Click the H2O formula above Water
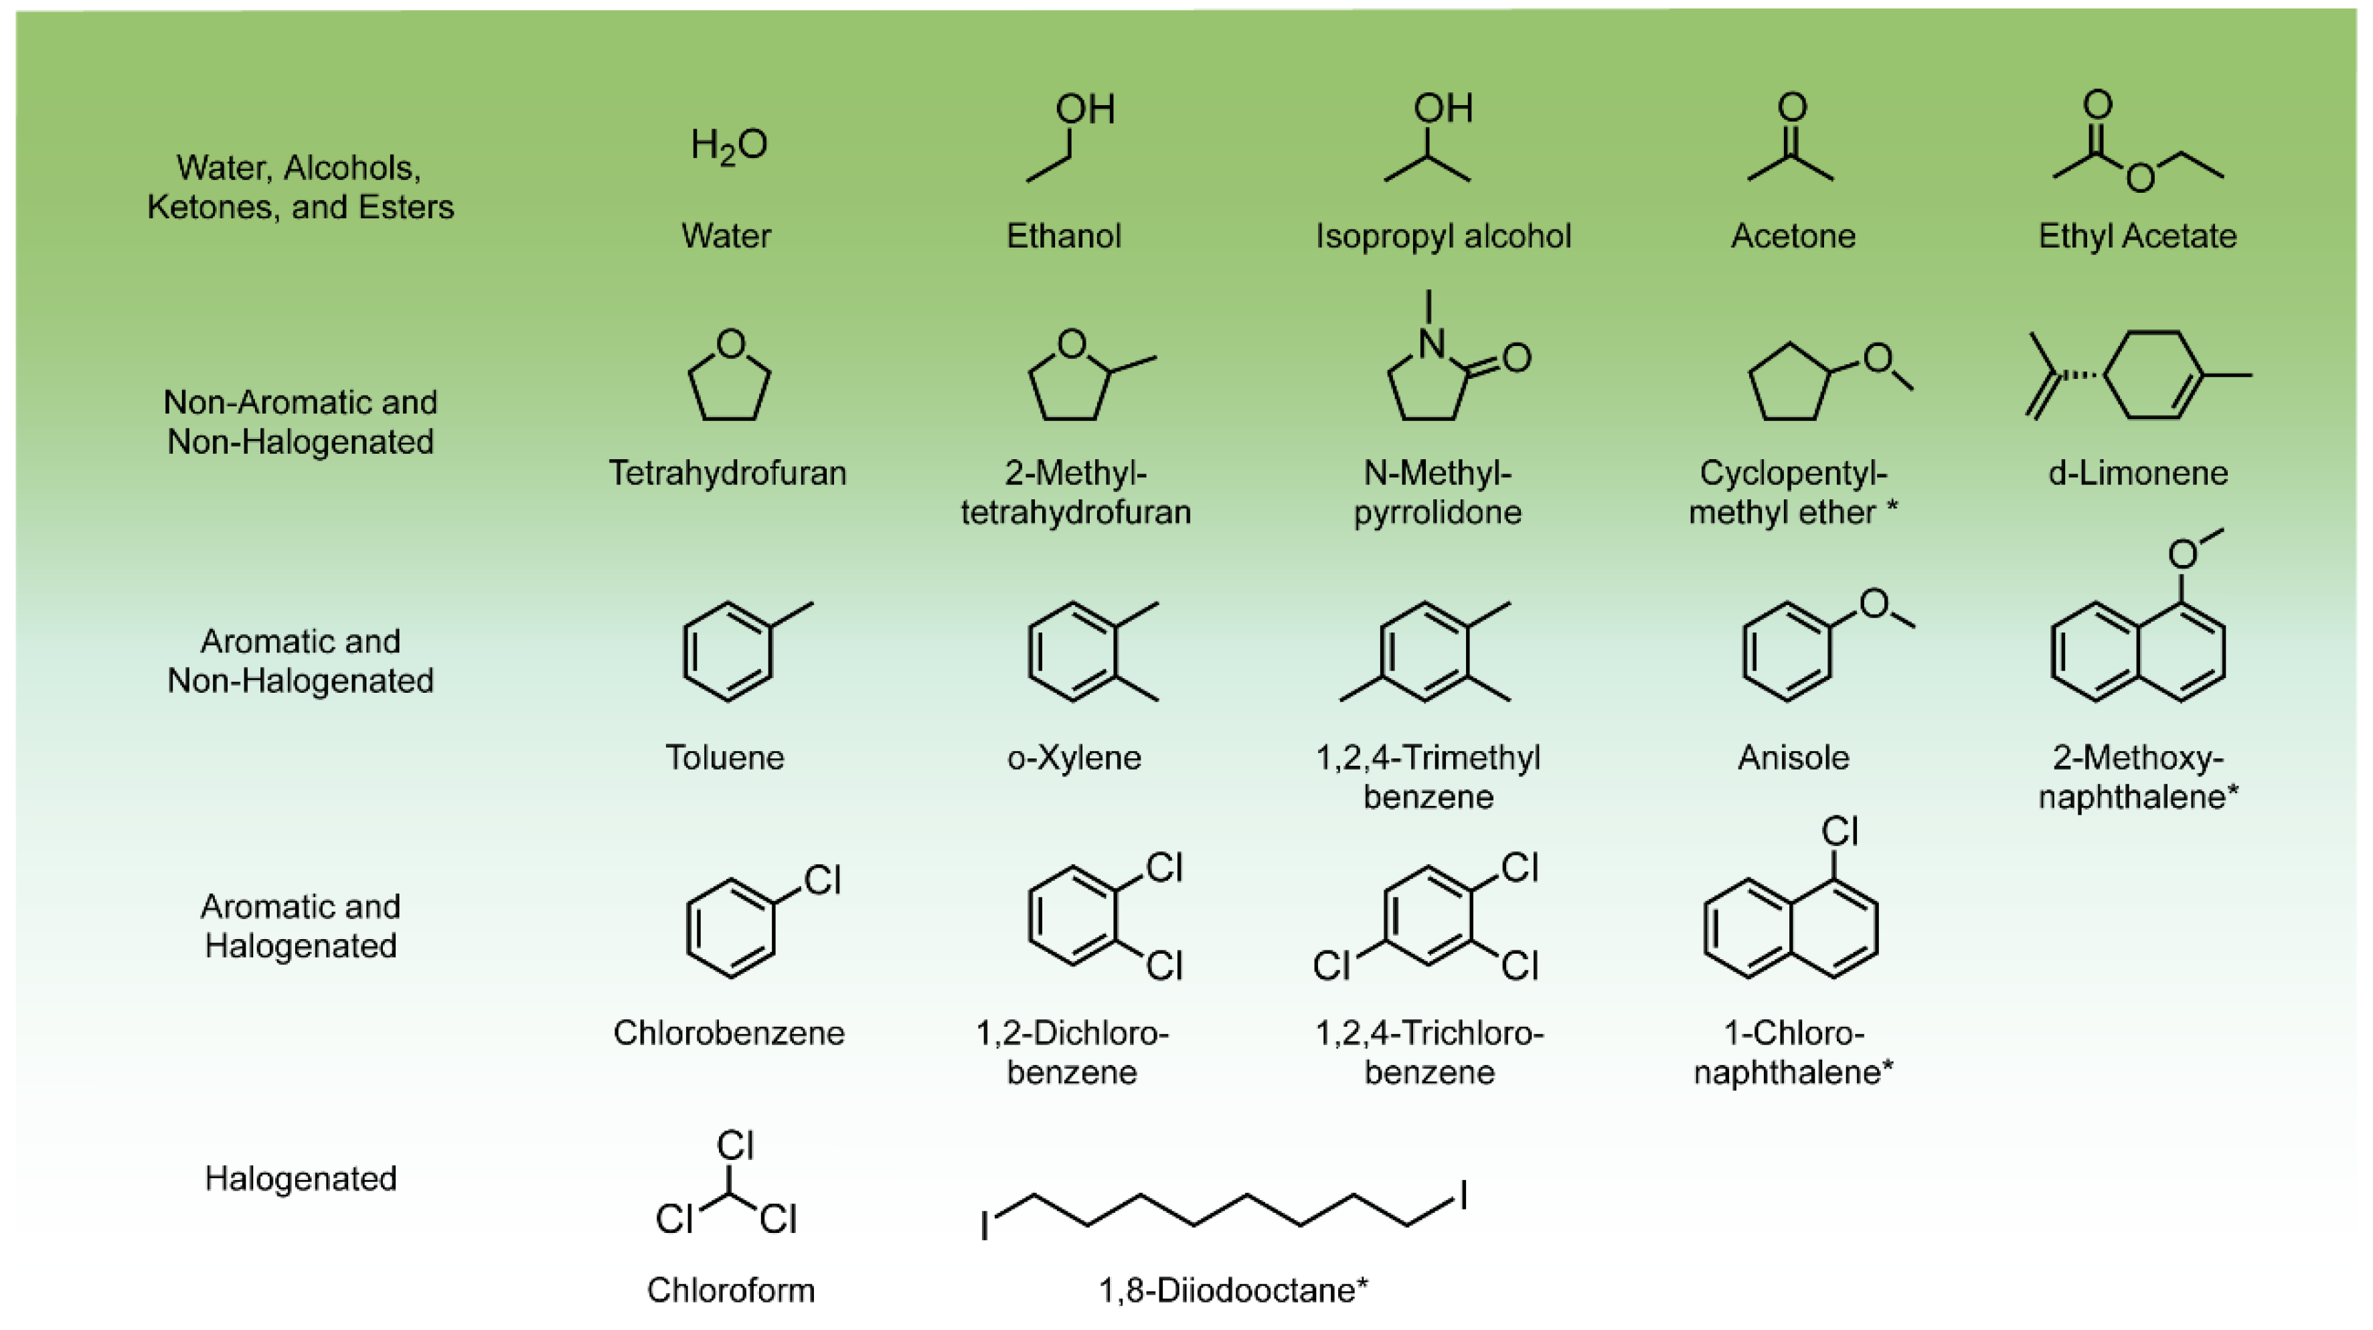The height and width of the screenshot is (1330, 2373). pyautogui.click(x=729, y=145)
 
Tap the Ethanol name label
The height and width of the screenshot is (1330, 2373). pyautogui.click(x=1064, y=236)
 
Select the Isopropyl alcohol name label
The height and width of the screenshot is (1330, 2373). pyautogui.click(x=1443, y=236)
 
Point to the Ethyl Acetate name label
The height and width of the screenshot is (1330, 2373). pyautogui.click(x=2137, y=236)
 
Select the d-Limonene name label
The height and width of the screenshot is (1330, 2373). pyautogui.click(x=2137, y=473)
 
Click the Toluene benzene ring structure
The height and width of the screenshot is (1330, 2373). pyautogui.click(x=728, y=651)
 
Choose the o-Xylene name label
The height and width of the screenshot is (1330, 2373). pyautogui.click(x=1074, y=757)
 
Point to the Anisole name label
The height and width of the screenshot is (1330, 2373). pyautogui.click(x=1793, y=757)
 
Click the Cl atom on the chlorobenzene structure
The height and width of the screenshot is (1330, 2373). pyautogui.click(x=822, y=880)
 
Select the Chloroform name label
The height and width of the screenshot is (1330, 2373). pyautogui.click(x=730, y=1289)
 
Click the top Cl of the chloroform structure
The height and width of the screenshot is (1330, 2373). pyautogui.click(x=735, y=1147)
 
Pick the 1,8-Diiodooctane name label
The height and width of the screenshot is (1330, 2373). pyautogui.click(x=1232, y=1289)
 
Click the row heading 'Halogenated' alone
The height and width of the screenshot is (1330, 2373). pyautogui.click(x=301, y=1179)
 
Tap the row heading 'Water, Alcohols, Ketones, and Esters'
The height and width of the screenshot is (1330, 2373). pyautogui.click(x=301, y=187)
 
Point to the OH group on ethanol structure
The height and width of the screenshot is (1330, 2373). pyautogui.click(x=1085, y=110)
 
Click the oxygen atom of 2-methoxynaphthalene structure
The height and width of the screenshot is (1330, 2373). pyautogui.click(x=2182, y=554)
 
